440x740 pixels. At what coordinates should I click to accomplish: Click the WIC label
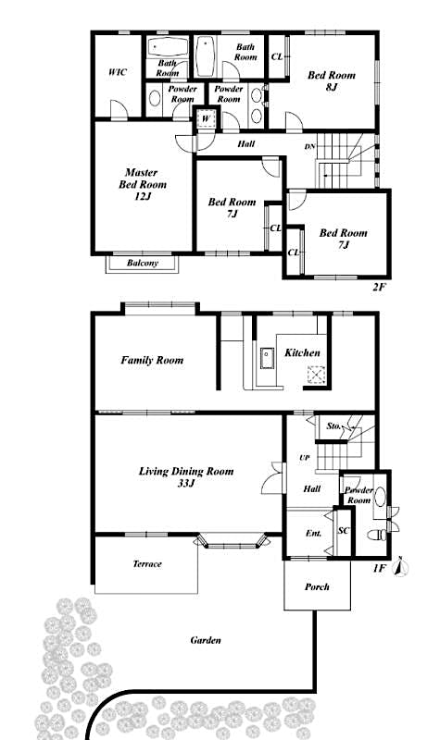pyautogui.click(x=117, y=70)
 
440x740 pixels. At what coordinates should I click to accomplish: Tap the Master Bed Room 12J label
pyautogui.click(x=141, y=184)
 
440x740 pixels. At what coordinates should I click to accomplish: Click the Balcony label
pyautogui.click(x=143, y=264)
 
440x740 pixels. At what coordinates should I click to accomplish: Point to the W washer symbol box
pyautogui.click(x=205, y=118)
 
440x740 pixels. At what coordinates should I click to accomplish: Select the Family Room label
pyautogui.click(x=152, y=360)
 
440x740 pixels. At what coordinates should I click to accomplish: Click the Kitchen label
pyautogui.click(x=302, y=352)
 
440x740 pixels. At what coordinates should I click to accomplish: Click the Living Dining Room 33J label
pyautogui.click(x=185, y=476)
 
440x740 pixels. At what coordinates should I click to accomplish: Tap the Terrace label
pyautogui.click(x=147, y=563)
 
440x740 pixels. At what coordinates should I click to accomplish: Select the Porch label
pyautogui.click(x=317, y=586)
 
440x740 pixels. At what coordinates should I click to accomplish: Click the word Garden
pyautogui.click(x=205, y=639)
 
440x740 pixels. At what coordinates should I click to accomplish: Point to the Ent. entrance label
pyautogui.click(x=313, y=534)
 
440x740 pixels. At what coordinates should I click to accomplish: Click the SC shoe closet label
pyautogui.click(x=343, y=531)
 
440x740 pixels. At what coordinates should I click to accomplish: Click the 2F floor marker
pyautogui.click(x=378, y=288)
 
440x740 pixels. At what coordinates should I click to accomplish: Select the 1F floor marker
pyautogui.click(x=379, y=569)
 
